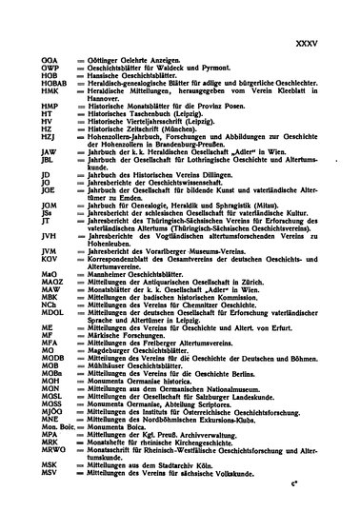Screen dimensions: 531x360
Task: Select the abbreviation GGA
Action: pyautogui.click(x=49, y=59)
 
